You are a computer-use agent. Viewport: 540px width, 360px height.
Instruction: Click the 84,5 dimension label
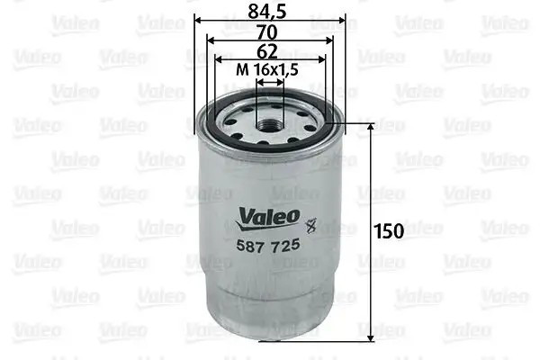click(267, 12)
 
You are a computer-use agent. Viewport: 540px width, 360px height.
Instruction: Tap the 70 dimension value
click(267, 32)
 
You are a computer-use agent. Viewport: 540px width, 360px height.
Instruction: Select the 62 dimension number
click(267, 52)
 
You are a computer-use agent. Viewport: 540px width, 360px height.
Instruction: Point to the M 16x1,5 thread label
click(267, 70)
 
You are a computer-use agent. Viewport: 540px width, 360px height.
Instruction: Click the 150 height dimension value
click(389, 231)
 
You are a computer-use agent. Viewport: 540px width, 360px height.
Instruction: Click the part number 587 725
click(268, 246)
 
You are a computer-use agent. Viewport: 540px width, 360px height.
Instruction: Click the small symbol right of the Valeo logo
click(311, 226)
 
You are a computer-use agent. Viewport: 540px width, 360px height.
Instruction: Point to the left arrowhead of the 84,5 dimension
click(198, 21)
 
